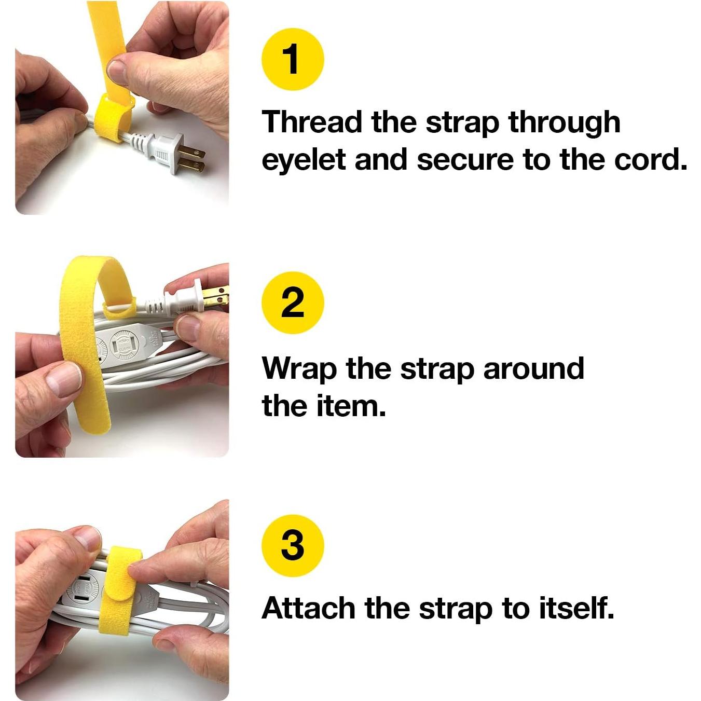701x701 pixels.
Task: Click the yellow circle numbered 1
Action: (x=293, y=59)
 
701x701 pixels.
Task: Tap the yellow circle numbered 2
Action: (x=293, y=303)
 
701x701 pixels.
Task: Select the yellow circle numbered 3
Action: (x=293, y=545)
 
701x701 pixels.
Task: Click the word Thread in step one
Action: (x=312, y=122)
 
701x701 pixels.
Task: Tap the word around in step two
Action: (x=533, y=368)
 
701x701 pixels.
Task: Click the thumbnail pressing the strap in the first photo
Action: (x=118, y=72)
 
